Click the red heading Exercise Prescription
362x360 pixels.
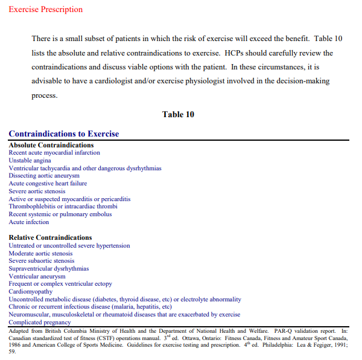[46, 10]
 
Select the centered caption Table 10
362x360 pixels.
[178, 114]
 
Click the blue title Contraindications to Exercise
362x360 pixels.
[64, 134]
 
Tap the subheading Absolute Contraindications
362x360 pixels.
[51, 146]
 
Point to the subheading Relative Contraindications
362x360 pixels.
[50, 237]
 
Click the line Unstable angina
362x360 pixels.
[30, 161]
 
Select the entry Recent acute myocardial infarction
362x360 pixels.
[54, 153]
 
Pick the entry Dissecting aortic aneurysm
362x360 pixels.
[44, 176]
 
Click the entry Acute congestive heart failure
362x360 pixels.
[48, 184]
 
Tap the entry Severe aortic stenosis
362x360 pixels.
[37, 191]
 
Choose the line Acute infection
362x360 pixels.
[29, 222]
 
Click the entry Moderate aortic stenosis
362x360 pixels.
[40, 253]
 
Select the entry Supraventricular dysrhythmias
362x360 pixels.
[49, 268]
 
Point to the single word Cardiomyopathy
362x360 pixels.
[30, 291]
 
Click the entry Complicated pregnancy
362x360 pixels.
[39, 322]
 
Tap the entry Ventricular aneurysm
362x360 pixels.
[37, 276]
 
